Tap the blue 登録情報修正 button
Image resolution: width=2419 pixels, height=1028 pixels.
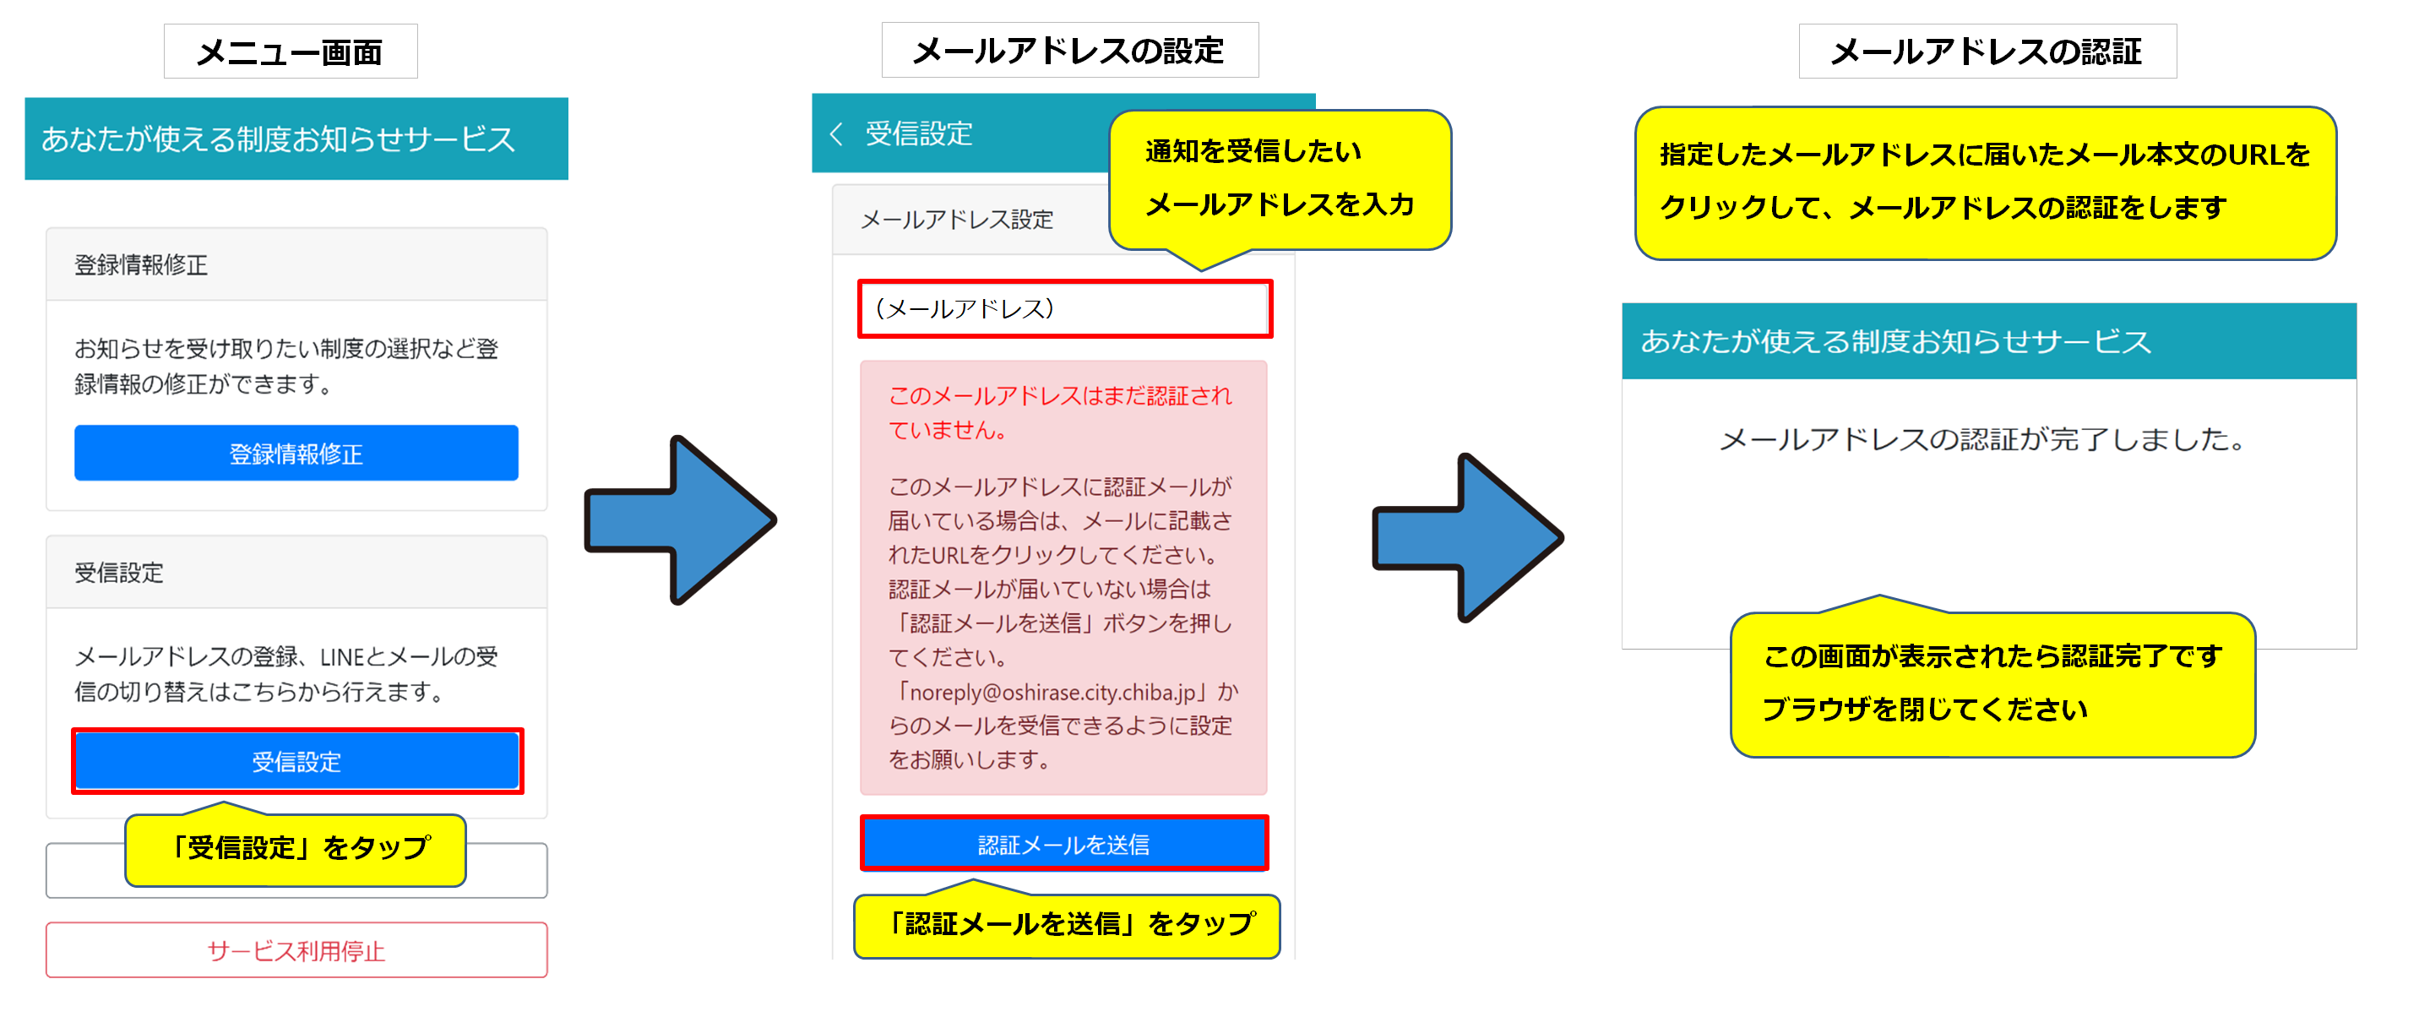pos(296,454)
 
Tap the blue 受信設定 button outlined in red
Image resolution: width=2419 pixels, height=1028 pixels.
pos(296,761)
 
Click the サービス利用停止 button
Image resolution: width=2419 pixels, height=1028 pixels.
pos(296,950)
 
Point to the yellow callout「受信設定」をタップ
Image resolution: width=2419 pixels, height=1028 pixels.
pos(296,849)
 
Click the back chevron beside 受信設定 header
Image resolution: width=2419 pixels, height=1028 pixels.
pos(834,134)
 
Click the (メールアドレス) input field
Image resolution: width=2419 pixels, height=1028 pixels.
pos(1064,309)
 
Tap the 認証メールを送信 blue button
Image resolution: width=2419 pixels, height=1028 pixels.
pos(1063,844)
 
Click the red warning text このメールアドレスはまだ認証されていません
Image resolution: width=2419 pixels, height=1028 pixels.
pos(1059,412)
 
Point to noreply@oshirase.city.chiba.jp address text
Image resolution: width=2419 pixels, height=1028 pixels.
pos(1052,693)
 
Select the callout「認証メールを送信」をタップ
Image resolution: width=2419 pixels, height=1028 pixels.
pos(1067,925)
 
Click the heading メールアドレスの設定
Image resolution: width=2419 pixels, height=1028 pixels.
pos(1068,51)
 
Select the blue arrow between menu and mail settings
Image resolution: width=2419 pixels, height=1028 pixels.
pos(679,520)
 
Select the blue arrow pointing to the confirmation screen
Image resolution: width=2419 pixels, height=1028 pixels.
pos(1467,538)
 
